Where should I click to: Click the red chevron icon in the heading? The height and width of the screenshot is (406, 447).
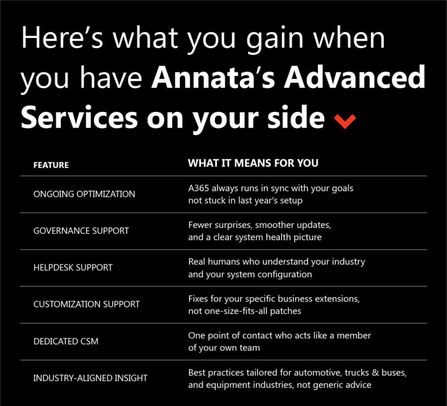(x=345, y=121)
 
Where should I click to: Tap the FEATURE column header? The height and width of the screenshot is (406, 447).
(x=51, y=165)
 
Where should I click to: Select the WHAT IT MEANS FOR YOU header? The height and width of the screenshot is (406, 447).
(x=253, y=163)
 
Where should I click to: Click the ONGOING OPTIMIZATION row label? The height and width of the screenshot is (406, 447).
(x=84, y=194)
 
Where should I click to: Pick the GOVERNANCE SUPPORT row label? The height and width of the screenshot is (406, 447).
(x=81, y=231)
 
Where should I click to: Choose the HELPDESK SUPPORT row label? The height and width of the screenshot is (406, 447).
(x=73, y=268)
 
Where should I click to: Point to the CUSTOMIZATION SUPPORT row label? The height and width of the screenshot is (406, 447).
(x=87, y=304)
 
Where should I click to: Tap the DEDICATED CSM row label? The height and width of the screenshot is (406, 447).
(x=66, y=341)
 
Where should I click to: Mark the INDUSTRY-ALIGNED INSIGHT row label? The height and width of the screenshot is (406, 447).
(x=90, y=378)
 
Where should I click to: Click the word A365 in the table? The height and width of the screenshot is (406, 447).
(x=199, y=188)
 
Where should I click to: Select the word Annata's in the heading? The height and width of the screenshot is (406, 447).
(x=213, y=77)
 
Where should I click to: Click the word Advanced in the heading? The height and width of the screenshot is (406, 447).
(x=355, y=77)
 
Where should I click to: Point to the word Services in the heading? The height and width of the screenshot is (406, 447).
(x=79, y=117)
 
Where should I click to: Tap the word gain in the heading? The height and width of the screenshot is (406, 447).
(x=275, y=40)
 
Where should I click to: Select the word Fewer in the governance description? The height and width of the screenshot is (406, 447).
(x=200, y=225)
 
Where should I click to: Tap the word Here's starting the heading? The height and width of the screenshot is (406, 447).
(x=62, y=38)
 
